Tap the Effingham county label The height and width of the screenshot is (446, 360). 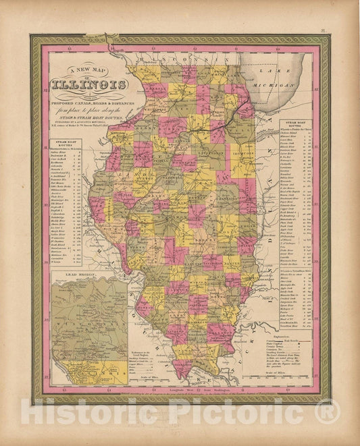point(218,257)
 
